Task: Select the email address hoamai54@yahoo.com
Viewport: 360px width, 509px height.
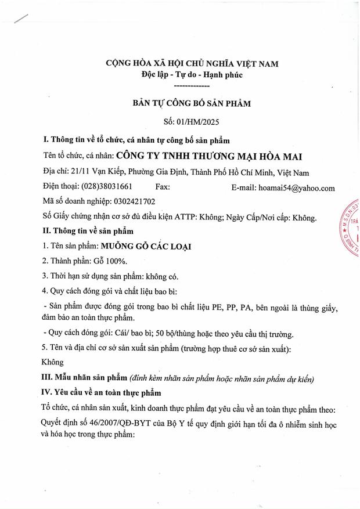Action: (300, 187)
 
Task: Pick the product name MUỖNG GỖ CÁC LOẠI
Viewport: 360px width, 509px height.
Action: (147, 247)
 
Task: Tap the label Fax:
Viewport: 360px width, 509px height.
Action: (163, 187)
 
